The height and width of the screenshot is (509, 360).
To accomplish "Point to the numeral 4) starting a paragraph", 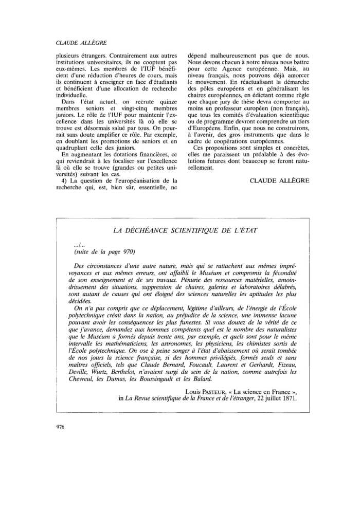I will [x=65, y=180].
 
